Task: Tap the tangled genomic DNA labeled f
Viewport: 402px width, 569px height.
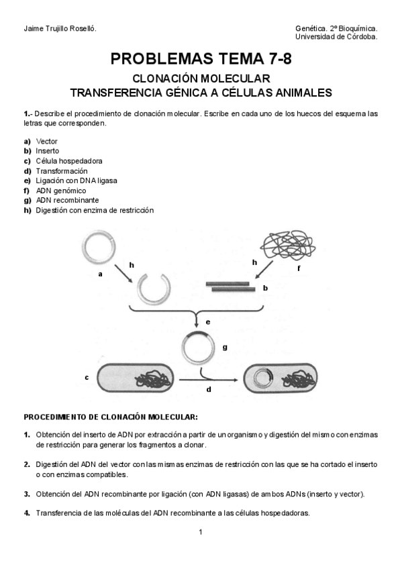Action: (289, 245)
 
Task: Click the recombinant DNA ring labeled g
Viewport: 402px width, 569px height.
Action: (183, 349)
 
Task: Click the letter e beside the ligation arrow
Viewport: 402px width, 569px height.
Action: (208, 322)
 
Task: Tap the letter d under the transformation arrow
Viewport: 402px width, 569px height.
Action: (209, 390)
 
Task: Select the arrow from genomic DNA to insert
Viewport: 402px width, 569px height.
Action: (264, 270)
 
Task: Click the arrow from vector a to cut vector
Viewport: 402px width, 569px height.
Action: (123, 273)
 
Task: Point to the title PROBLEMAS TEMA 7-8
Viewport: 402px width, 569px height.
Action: (201, 59)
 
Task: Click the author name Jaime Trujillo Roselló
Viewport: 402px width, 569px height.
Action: (60, 29)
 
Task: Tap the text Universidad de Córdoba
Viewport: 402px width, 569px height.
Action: (336, 37)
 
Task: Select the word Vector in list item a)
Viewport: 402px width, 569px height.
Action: (46, 142)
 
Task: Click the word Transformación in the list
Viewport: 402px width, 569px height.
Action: (62, 171)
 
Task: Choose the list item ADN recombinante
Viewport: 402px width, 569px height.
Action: (68, 201)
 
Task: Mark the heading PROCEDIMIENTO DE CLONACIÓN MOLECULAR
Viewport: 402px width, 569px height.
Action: (111, 417)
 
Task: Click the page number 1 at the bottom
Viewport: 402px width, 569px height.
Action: (201, 532)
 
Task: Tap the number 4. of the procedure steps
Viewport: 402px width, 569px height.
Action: (27, 513)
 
